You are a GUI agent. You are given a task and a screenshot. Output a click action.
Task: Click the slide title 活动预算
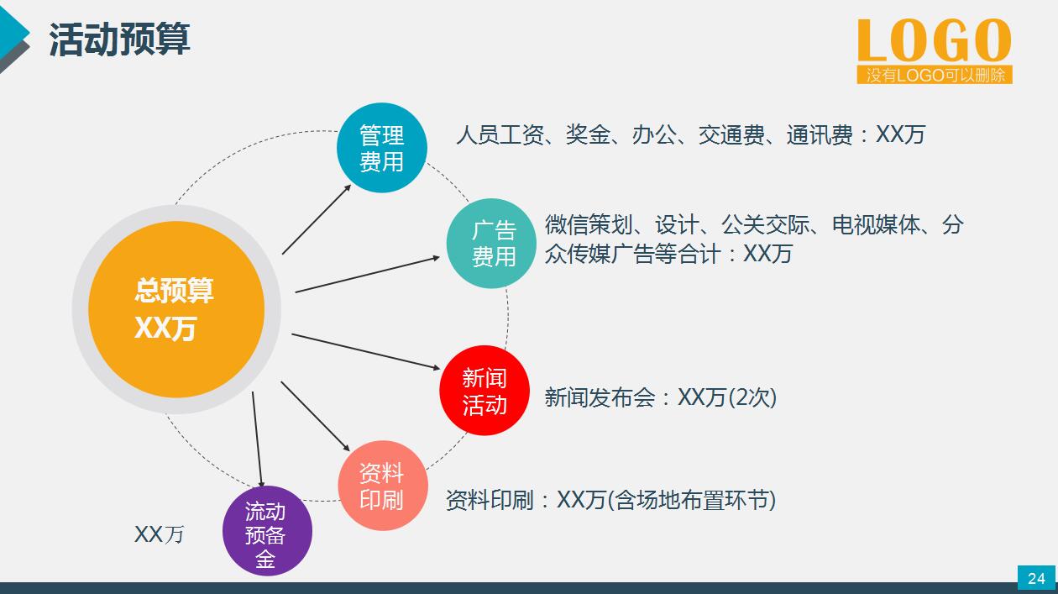pos(119,39)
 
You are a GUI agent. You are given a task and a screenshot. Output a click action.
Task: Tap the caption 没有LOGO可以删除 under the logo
pos(935,76)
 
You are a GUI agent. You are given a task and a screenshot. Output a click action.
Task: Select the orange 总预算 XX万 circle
pos(175,309)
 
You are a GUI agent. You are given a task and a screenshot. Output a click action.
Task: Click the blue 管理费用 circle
pos(382,148)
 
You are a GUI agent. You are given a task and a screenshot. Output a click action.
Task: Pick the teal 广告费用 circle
pos(492,244)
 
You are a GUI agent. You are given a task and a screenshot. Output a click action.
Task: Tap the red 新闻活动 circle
pos(484,391)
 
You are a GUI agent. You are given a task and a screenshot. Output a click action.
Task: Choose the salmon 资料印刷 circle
pos(382,486)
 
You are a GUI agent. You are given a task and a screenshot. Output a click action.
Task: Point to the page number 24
pos(1036,578)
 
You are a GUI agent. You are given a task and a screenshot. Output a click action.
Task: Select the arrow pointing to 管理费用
pos(317,218)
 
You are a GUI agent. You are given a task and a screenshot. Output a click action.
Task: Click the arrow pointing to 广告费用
pos(368,274)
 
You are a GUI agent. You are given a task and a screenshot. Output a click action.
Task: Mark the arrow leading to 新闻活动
pos(365,351)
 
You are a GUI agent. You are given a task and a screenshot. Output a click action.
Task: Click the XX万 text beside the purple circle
pos(160,534)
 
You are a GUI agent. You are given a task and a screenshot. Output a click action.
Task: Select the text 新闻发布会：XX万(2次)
pos(660,397)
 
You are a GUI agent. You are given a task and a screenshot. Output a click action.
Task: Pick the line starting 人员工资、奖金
pos(690,134)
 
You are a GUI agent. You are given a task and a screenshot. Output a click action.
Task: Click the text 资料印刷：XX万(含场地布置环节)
pos(610,501)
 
